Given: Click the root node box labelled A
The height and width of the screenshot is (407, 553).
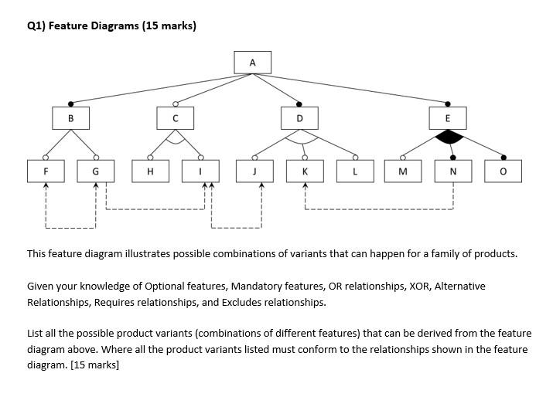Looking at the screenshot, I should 252,62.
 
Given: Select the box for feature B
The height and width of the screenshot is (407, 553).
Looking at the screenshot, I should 71,118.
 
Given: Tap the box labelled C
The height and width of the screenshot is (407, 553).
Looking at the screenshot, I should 175,118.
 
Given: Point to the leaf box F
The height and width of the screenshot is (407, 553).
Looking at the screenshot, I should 46,171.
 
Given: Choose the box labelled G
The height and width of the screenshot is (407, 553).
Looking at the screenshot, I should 96,171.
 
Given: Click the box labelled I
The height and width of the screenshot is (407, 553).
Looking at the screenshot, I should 202,171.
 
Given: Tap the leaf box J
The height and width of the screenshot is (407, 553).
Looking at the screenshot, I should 254,171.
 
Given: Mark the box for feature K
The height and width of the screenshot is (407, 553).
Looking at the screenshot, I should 305,171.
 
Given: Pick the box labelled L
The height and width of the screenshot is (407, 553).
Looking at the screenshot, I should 355,171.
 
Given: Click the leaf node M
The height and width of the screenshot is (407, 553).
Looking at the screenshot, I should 403,171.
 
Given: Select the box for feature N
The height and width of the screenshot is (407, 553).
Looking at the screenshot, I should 452,171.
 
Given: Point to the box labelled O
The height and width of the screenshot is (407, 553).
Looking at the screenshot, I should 504,171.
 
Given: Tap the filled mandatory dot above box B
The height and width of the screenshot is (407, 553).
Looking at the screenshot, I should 71,103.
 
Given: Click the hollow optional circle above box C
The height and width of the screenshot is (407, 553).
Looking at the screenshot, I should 175,103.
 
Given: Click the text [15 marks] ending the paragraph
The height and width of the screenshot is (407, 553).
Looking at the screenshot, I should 94,365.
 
